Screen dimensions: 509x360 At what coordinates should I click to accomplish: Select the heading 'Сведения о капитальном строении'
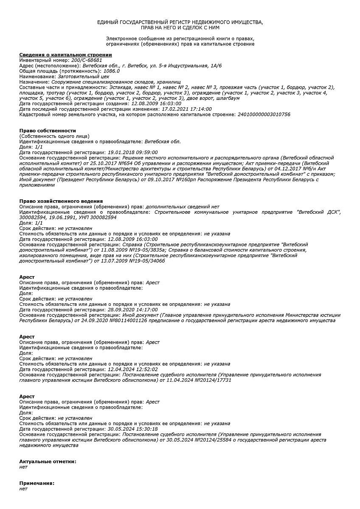pyautogui.click(x=65, y=55)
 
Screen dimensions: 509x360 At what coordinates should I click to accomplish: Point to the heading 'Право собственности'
pyautogui.click(x=48, y=131)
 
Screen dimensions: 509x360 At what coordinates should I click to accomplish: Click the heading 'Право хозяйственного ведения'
pyautogui.click(x=61, y=201)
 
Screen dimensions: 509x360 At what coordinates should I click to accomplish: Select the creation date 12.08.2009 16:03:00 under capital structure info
pyautogui.click(x=156, y=104)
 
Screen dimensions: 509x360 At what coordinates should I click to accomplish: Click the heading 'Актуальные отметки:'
pyautogui.click(x=48, y=461)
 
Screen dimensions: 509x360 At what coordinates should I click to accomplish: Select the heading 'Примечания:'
pyautogui.click(x=37, y=484)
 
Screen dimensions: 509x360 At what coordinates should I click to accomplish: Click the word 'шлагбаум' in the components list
pyautogui.click(x=228, y=98)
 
